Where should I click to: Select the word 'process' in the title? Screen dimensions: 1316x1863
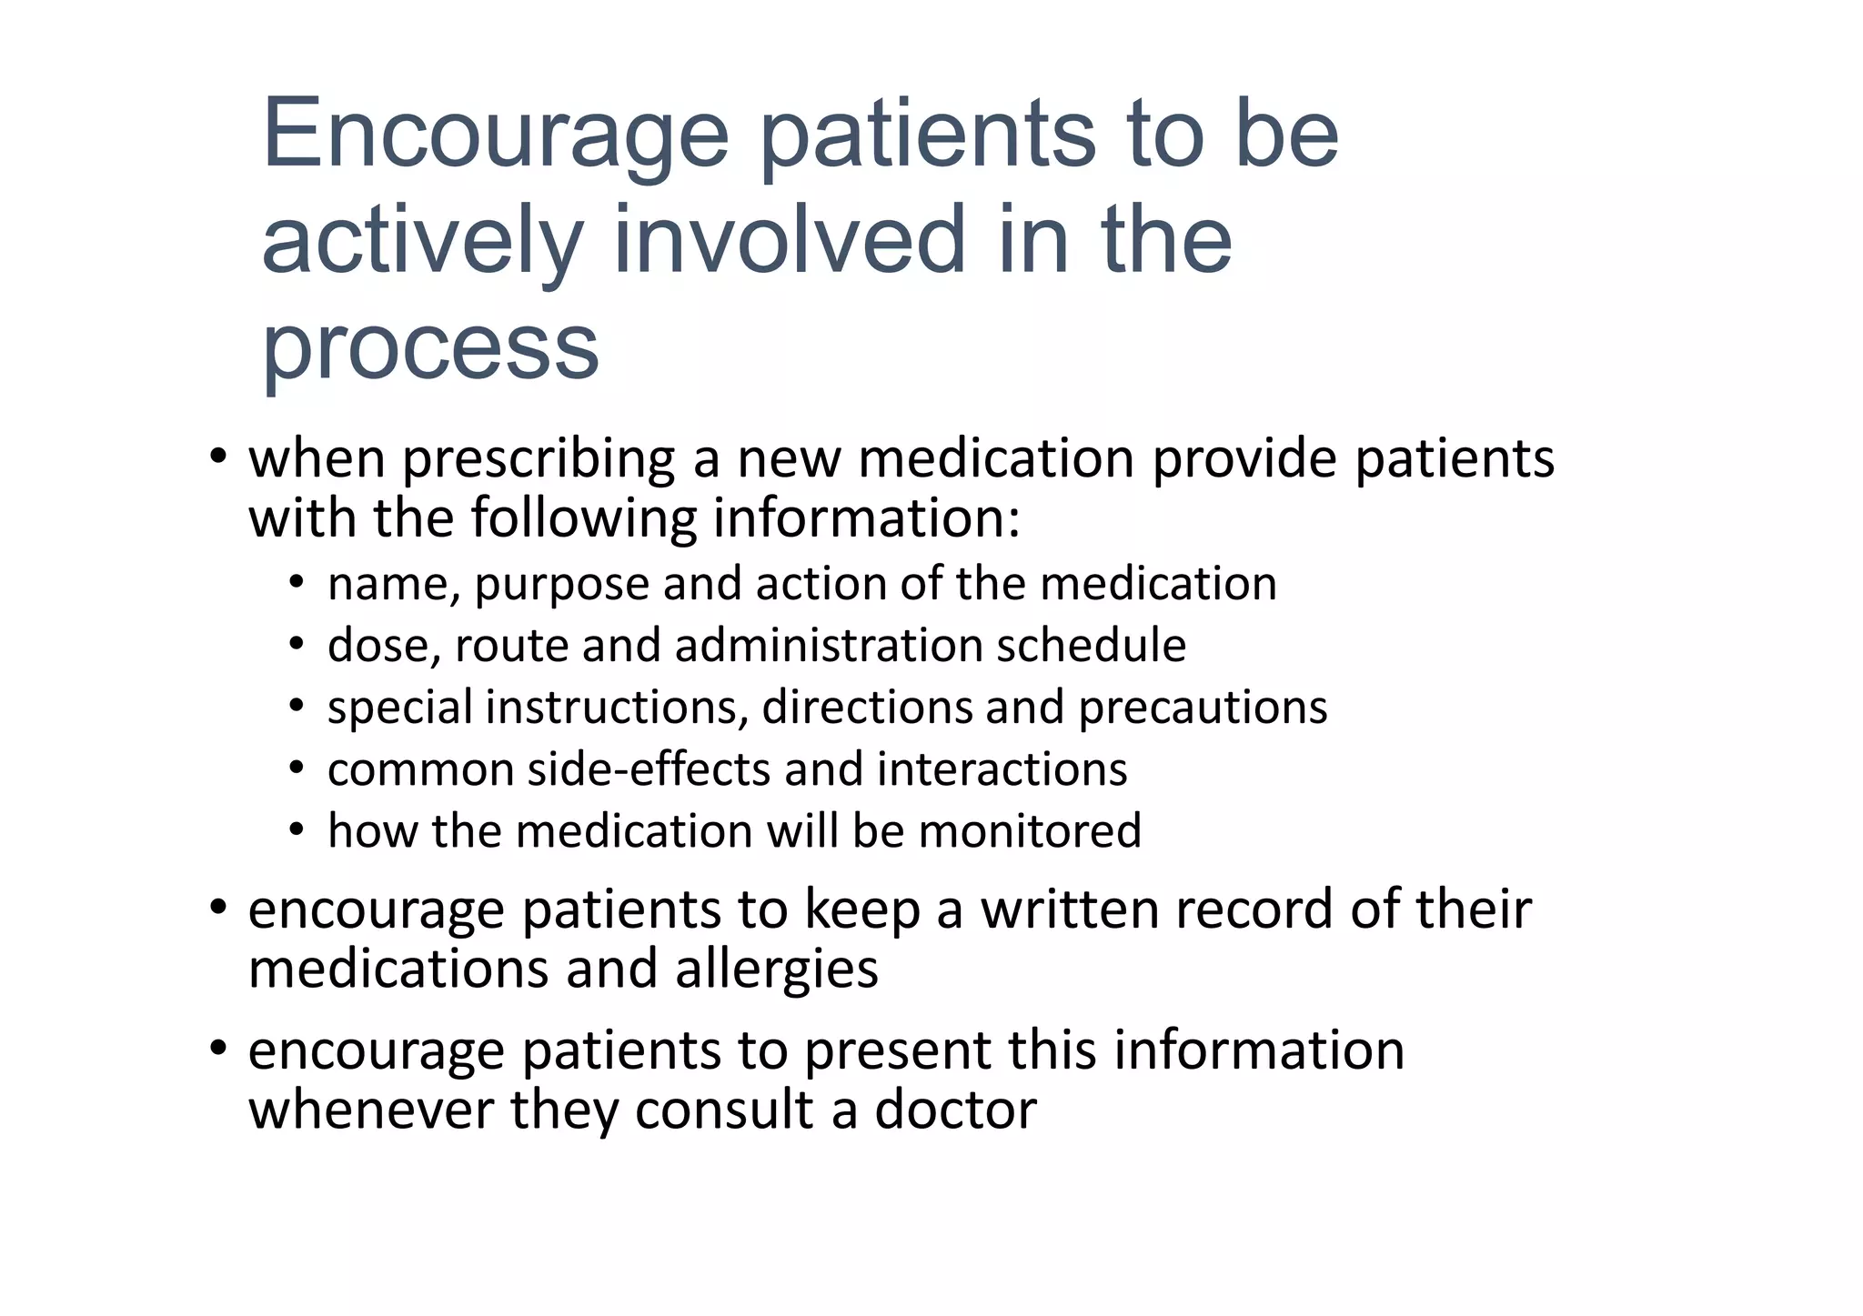(430, 348)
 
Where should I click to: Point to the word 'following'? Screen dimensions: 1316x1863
(583, 519)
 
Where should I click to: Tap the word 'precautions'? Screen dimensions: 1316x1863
(1203, 708)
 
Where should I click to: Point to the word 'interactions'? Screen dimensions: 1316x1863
(1002, 769)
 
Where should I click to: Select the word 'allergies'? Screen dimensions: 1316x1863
(777, 969)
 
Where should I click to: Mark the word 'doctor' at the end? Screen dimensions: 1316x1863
(955, 1110)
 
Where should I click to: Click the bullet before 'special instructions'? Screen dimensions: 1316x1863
(296, 707)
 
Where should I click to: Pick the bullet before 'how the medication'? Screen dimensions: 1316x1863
(296, 830)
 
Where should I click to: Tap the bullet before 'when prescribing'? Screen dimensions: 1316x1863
(217, 457)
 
